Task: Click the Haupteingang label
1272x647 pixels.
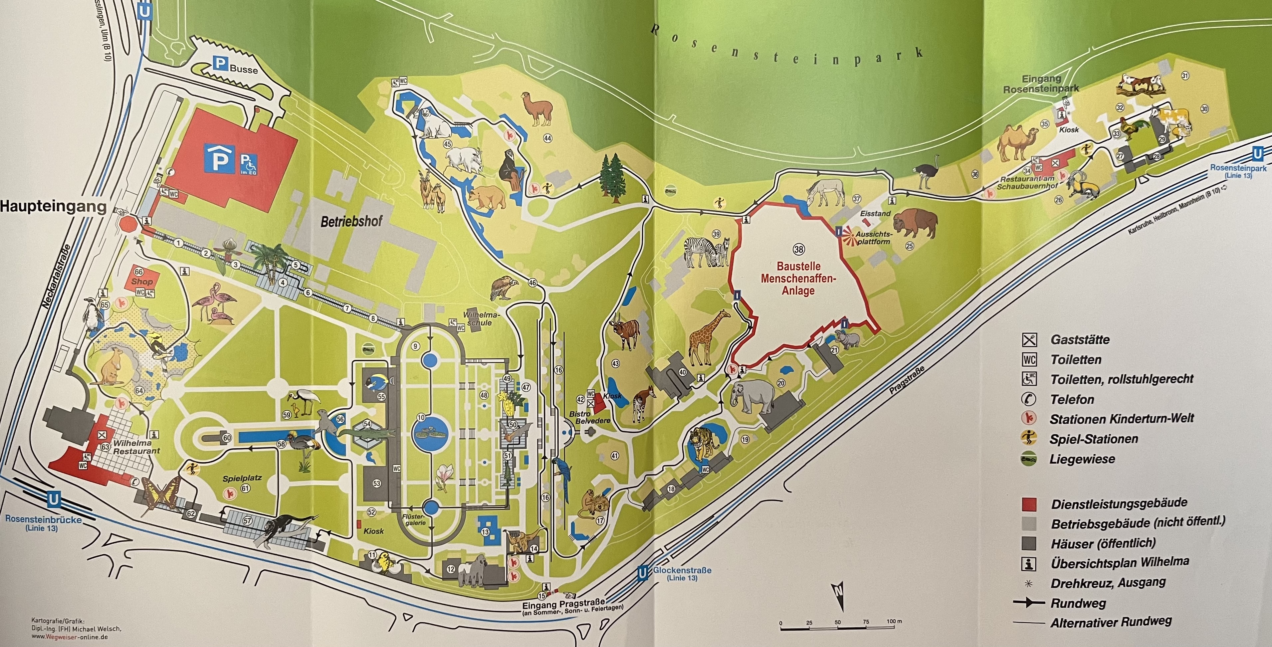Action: tap(53, 207)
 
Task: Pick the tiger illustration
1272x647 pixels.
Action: tap(703, 443)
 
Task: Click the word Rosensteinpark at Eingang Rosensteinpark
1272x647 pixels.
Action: tap(1041, 89)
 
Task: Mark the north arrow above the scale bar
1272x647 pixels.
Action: tap(838, 596)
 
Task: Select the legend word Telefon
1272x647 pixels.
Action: tap(1072, 399)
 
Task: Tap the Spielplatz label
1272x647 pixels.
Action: tap(242, 478)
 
